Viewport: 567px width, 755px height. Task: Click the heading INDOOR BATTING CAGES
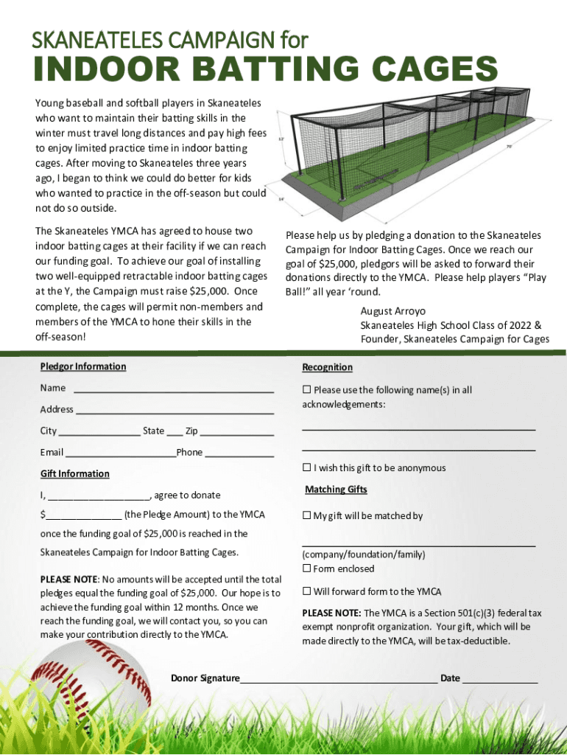click(x=264, y=72)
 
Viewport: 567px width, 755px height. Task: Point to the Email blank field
click(x=120, y=453)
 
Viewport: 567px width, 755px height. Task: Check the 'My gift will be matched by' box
click(x=306, y=516)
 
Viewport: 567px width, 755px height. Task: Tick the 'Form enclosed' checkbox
click(x=306, y=568)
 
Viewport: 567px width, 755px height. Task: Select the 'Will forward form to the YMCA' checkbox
click(x=306, y=591)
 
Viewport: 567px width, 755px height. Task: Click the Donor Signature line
click(x=339, y=679)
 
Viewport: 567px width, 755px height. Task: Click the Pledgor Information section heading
click(x=83, y=366)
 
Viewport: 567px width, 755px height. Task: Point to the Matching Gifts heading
click(x=336, y=490)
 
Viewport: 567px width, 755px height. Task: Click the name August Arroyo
click(x=392, y=311)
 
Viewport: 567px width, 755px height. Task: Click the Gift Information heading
click(x=74, y=473)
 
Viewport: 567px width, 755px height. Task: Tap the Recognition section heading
click(x=327, y=367)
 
